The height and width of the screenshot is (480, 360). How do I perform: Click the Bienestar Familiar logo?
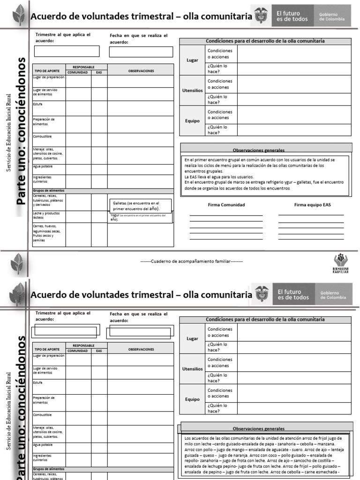click(x=341, y=263)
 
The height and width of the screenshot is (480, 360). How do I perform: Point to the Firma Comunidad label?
click(x=226, y=205)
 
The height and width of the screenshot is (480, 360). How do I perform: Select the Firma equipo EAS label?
click(x=312, y=205)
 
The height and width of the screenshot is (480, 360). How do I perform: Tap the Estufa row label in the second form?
click(x=37, y=382)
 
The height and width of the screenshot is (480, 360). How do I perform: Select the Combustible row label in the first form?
click(x=42, y=136)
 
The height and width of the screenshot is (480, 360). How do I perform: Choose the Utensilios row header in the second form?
click(x=192, y=369)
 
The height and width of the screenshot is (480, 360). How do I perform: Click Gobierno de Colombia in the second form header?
click(x=333, y=295)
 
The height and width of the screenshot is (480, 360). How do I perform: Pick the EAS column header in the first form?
click(x=99, y=73)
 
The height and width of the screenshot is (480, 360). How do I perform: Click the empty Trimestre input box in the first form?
click(x=67, y=51)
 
